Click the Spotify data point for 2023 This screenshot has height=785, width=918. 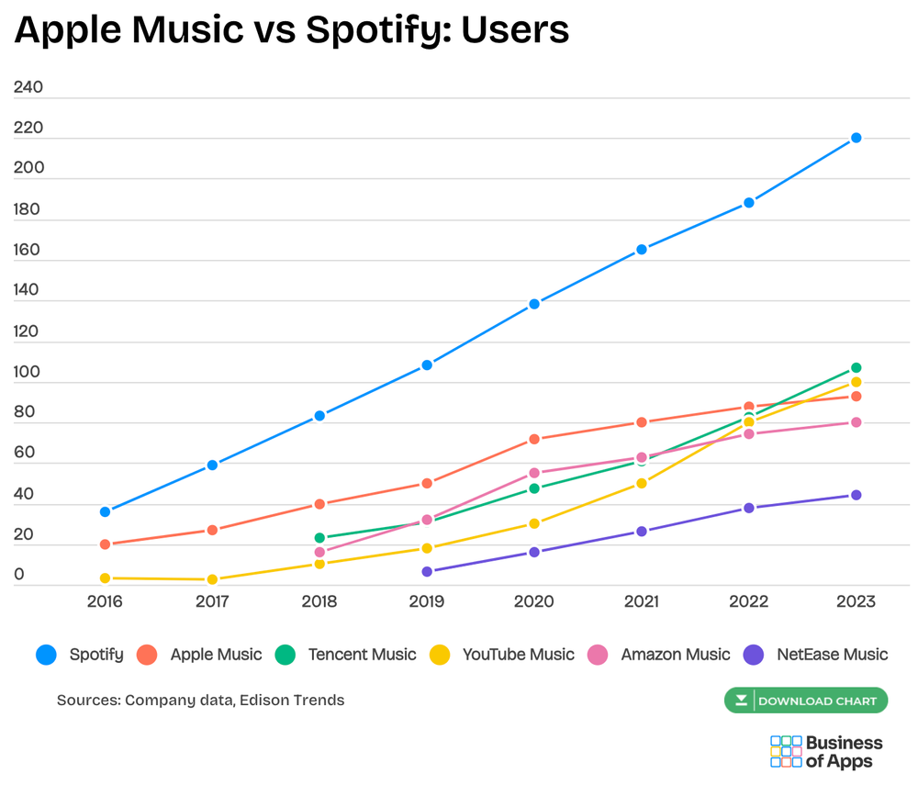click(x=856, y=138)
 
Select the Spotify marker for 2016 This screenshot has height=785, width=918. click(x=106, y=511)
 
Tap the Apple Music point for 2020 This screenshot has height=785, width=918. click(x=534, y=440)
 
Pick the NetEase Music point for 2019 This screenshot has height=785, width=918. click(x=427, y=571)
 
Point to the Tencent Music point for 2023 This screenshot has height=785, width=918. click(x=856, y=368)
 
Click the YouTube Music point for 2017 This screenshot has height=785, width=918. click(x=212, y=579)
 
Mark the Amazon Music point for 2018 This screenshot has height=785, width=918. click(x=319, y=553)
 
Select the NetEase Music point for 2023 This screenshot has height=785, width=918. click(x=856, y=495)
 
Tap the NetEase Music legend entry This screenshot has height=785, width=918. click(x=817, y=655)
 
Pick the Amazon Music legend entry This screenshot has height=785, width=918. click(x=661, y=655)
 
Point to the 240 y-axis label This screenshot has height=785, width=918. click(x=28, y=88)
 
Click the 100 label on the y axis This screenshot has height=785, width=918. click(x=28, y=372)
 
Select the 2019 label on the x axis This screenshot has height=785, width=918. click(x=427, y=602)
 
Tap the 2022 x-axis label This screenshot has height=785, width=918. click(x=748, y=602)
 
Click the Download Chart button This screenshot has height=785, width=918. click(x=806, y=701)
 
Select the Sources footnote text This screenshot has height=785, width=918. click(x=200, y=700)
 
